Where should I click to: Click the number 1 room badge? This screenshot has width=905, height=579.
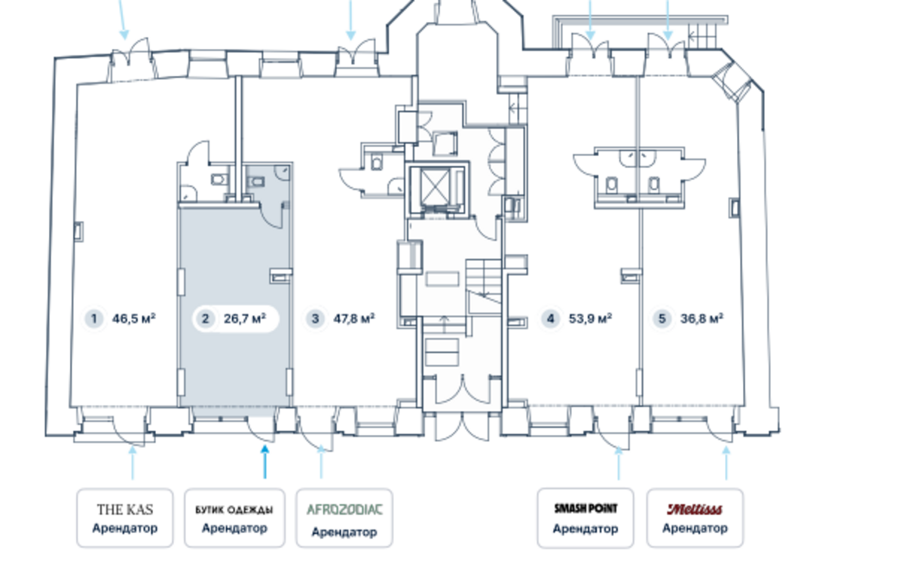[x=94, y=319]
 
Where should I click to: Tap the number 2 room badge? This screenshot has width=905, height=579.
[x=204, y=319]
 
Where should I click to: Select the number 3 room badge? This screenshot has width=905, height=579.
[x=315, y=319]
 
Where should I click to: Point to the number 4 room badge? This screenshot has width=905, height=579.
[x=551, y=319]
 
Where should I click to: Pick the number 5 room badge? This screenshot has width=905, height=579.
[x=662, y=319]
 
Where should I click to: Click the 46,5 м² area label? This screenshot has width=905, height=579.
[x=134, y=319]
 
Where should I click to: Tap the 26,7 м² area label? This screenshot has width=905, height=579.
[x=245, y=319]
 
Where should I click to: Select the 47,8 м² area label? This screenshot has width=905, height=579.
[x=354, y=319]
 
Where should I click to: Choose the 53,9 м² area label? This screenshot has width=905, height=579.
[x=590, y=319]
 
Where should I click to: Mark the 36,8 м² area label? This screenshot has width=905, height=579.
[x=702, y=319]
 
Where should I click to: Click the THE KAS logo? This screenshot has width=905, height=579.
[x=125, y=510]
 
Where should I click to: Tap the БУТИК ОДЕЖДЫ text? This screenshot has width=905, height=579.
[x=234, y=510]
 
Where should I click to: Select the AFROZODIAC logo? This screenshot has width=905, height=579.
[x=344, y=510]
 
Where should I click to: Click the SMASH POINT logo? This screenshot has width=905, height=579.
[x=585, y=509]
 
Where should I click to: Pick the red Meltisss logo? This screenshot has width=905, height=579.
[x=695, y=510]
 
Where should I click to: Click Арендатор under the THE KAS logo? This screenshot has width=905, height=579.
[x=125, y=528]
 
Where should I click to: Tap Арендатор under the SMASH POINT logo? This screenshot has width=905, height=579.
[x=585, y=528]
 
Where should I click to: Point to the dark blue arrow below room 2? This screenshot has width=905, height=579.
[x=264, y=461]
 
